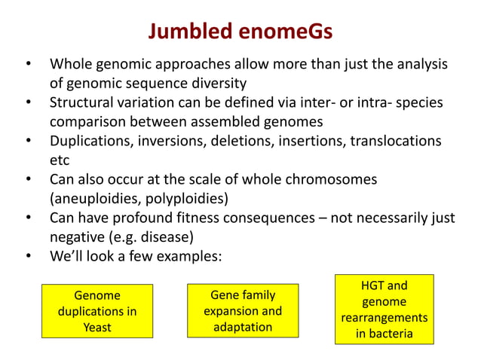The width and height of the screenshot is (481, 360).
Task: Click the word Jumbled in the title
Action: coord(189,32)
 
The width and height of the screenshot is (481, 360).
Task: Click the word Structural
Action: coord(84,102)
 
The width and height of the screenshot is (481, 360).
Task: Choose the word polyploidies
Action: coord(190,200)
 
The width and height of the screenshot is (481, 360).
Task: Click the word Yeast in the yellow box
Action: coord(97,328)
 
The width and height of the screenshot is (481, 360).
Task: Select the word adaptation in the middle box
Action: coord(243,327)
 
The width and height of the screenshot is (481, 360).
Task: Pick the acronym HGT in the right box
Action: coord(372,285)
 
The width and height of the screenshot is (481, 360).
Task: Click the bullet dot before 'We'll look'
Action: coord(29,258)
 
